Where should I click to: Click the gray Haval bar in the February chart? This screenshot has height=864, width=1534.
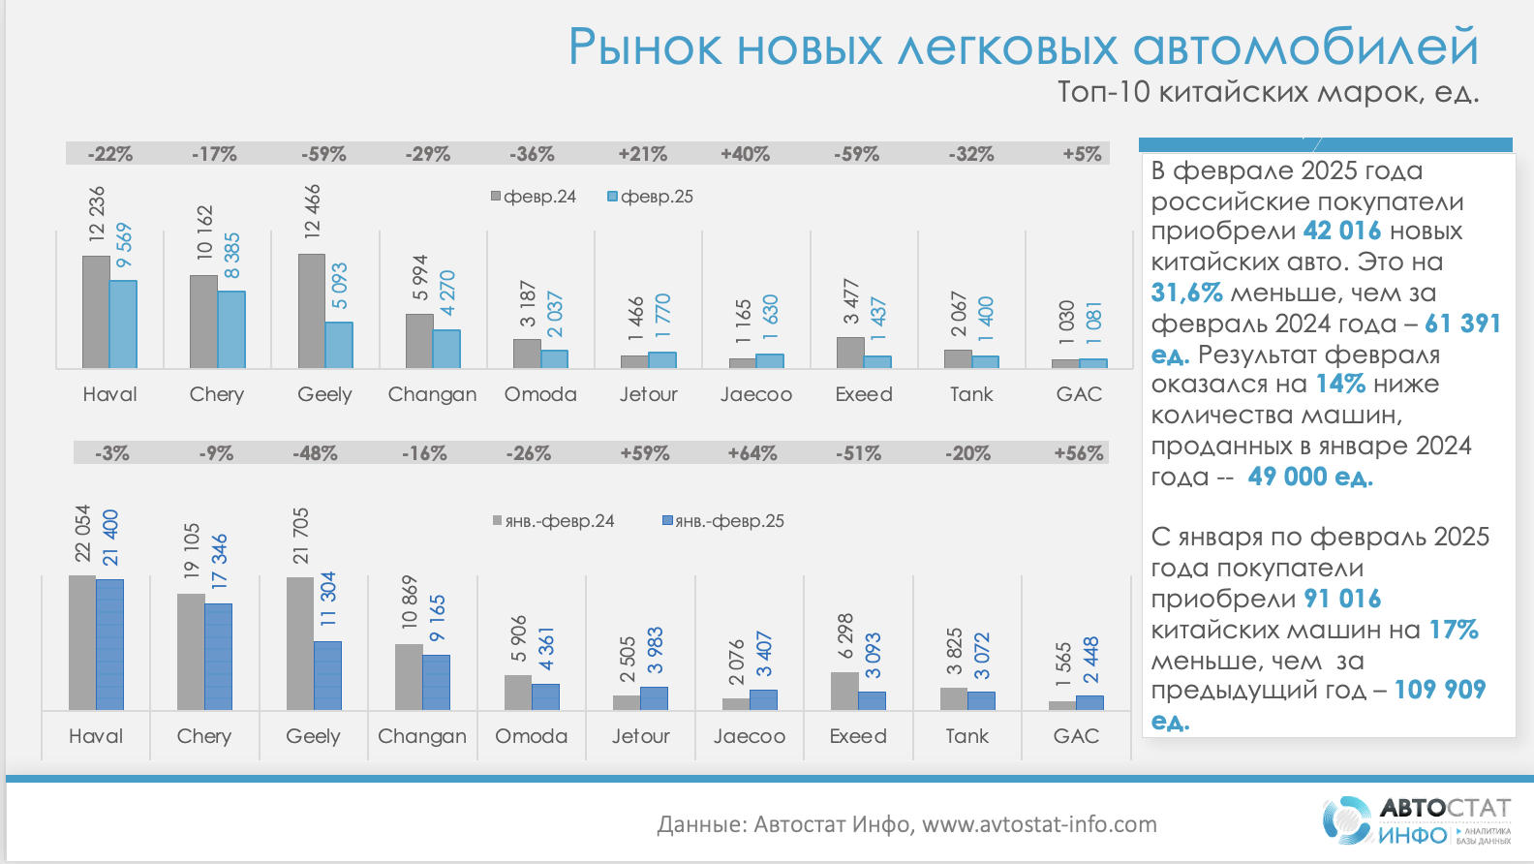pyautogui.click(x=96, y=312)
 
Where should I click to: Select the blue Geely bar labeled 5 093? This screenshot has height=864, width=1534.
pyautogui.click(x=339, y=345)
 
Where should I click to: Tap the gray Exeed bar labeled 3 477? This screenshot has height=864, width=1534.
pyautogui.click(x=849, y=353)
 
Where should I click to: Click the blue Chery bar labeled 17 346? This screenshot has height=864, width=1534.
pyautogui.click(x=219, y=657)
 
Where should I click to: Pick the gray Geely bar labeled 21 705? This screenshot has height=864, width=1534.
pyautogui.click(x=300, y=643)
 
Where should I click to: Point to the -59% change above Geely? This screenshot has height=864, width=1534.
pyautogui.click(x=323, y=154)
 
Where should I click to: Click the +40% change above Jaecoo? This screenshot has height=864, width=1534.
pyautogui.click(x=745, y=154)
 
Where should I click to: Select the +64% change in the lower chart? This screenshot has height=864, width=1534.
pyautogui.click(x=752, y=453)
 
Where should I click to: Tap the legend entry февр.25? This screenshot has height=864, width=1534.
pyautogui.click(x=650, y=197)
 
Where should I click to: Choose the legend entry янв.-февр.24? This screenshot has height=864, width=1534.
pyautogui.click(x=553, y=521)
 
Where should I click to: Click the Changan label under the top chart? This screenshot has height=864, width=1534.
pyautogui.click(x=432, y=394)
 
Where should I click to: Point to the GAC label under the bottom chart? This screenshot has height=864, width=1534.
pyautogui.click(x=1076, y=736)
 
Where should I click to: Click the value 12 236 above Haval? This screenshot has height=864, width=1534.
pyautogui.click(x=97, y=213)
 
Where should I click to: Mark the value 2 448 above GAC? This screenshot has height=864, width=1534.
pyautogui.click(x=1090, y=660)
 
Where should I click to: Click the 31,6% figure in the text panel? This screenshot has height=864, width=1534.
pyautogui.click(x=1186, y=293)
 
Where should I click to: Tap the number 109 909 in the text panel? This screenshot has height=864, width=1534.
pyautogui.click(x=1439, y=690)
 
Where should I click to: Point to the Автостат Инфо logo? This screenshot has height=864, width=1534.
pyautogui.click(x=1416, y=820)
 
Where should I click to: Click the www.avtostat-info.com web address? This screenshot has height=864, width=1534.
pyautogui.click(x=1039, y=824)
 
